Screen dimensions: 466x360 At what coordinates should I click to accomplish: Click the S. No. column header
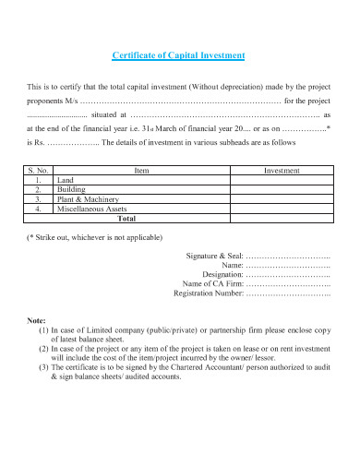(x=38, y=171)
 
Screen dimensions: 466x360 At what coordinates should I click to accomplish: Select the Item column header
(x=141, y=171)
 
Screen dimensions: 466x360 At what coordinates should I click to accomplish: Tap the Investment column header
(x=282, y=171)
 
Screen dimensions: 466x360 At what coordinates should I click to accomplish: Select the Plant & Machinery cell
(x=86, y=199)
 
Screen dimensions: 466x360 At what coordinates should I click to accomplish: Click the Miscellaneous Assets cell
(x=94, y=209)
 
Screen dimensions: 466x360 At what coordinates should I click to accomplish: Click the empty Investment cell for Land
(x=282, y=181)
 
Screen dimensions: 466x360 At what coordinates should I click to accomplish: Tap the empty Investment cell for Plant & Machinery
(x=282, y=199)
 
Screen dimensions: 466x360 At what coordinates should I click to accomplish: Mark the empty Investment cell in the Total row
(x=282, y=219)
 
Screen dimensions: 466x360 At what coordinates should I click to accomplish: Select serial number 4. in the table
(x=38, y=209)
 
